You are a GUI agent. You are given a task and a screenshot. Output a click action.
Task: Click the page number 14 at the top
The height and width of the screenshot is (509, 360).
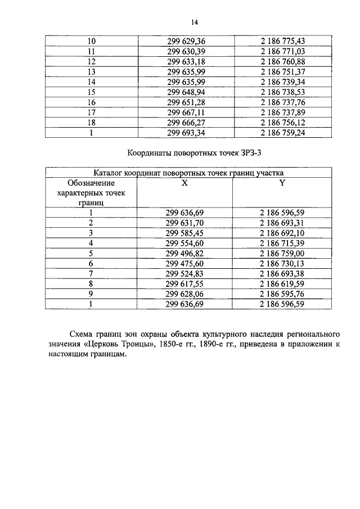195,22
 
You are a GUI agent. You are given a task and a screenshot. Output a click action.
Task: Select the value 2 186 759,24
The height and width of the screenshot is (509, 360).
282,133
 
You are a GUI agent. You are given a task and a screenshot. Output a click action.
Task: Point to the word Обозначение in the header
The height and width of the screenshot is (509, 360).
91,183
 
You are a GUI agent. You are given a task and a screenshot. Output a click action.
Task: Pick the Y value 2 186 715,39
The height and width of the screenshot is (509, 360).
282,243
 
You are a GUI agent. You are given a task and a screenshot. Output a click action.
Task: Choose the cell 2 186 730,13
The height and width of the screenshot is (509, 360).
282,263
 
